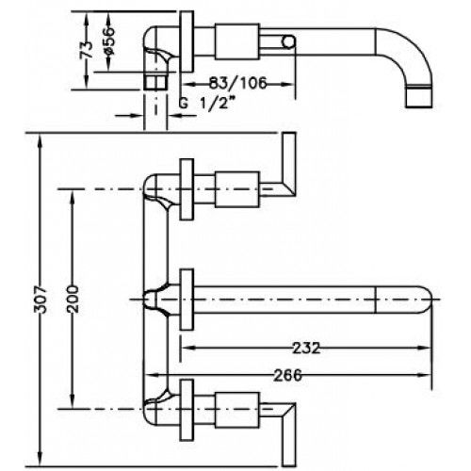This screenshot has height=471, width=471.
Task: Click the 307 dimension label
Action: pyautogui.click(x=40, y=300)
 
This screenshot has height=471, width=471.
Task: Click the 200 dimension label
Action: pyautogui.click(x=73, y=299)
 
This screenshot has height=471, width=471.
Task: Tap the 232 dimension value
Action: pyautogui.click(x=306, y=348)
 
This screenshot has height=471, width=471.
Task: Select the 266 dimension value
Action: pyautogui.click(x=287, y=375)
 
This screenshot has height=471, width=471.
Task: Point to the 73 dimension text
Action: pyautogui.click(x=87, y=50)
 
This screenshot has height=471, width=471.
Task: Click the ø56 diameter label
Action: pyautogui.click(x=108, y=41)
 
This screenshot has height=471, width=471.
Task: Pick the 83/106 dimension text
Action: pyautogui.click(x=237, y=83)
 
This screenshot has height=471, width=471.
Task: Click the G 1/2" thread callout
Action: pyautogui.click(x=206, y=103)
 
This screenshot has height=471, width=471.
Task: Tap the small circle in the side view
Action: pyautogui.click(x=288, y=41)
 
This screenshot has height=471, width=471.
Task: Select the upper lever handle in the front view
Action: pyautogui.click(x=285, y=165)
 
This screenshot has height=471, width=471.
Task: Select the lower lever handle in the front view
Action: pyautogui.click(x=285, y=434)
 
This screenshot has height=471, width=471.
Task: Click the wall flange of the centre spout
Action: pyautogui.click(x=187, y=300)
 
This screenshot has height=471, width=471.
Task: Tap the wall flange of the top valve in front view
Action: pyautogui.click(x=187, y=189)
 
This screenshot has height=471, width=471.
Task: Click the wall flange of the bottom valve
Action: pyautogui.click(x=187, y=410)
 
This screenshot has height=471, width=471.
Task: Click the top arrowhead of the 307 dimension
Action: pyautogui.click(x=40, y=139)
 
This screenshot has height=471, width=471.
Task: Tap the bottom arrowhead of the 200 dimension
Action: pyautogui.click(x=73, y=402)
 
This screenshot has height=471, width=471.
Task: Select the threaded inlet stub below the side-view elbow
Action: pyautogui.click(x=155, y=82)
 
